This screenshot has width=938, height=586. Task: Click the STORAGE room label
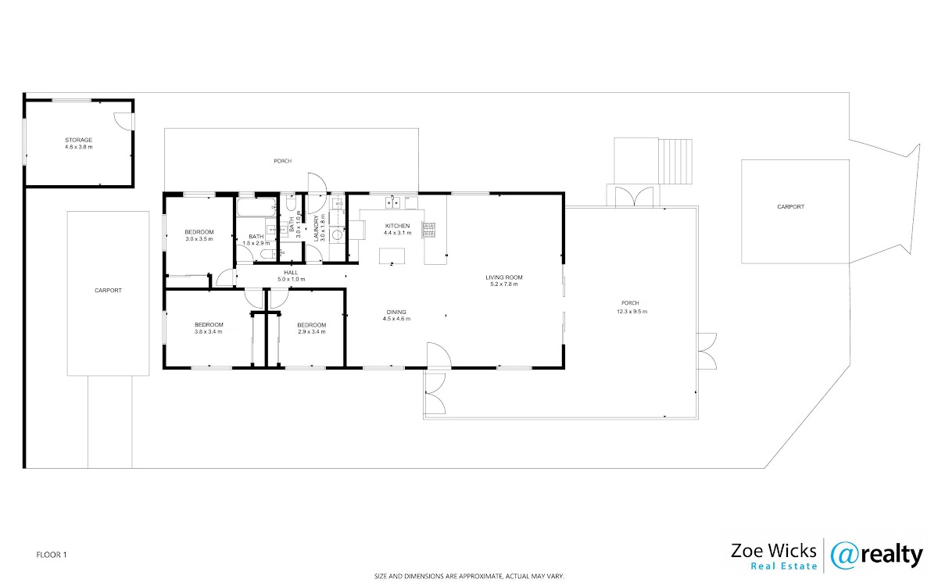78,140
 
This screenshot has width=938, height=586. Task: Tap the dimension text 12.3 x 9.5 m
632,312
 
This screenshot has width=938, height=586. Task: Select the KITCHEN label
397,226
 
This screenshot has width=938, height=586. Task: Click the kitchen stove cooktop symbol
429,230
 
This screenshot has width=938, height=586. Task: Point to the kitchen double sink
392,202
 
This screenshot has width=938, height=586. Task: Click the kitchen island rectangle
392,255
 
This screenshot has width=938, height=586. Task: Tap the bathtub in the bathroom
256,208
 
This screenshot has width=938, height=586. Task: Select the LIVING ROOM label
504,277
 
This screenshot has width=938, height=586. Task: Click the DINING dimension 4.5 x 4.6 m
396,319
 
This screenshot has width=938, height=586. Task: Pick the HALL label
291,273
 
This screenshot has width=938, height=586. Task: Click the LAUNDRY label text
317,228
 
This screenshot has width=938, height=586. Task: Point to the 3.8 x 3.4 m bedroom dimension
208,331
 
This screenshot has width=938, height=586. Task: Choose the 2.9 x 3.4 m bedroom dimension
312,331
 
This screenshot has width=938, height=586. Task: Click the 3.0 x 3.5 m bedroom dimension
199,239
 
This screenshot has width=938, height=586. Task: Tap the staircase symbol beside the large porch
675,162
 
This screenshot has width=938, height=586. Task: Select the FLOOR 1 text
52,555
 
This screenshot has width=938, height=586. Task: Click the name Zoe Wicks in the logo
774,551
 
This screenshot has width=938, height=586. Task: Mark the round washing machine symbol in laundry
337,235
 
